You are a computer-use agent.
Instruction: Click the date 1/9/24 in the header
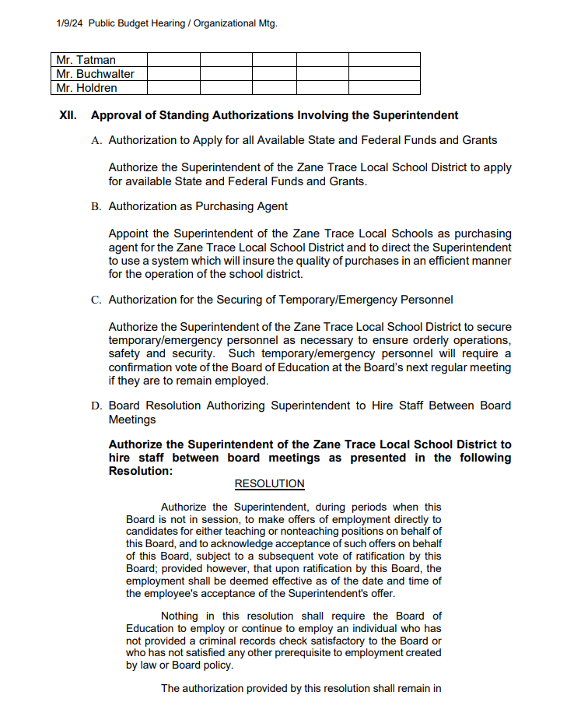(x=70, y=23)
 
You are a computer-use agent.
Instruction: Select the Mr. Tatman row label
(x=86, y=60)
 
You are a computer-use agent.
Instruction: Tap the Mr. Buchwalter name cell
(x=95, y=74)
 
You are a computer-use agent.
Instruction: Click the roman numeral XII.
(x=68, y=115)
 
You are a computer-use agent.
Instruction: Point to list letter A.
(x=96, y=141)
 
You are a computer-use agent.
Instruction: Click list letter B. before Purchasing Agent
(x=96, y=207)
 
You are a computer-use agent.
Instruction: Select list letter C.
(x=96, y=300)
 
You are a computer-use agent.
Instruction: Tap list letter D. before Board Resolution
(x=96, y=406)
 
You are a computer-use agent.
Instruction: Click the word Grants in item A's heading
(x=480, y=140)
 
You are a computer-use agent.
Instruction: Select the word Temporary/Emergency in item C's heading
(x=301, y=300)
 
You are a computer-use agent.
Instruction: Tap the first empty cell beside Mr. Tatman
(x=173, y=60)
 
